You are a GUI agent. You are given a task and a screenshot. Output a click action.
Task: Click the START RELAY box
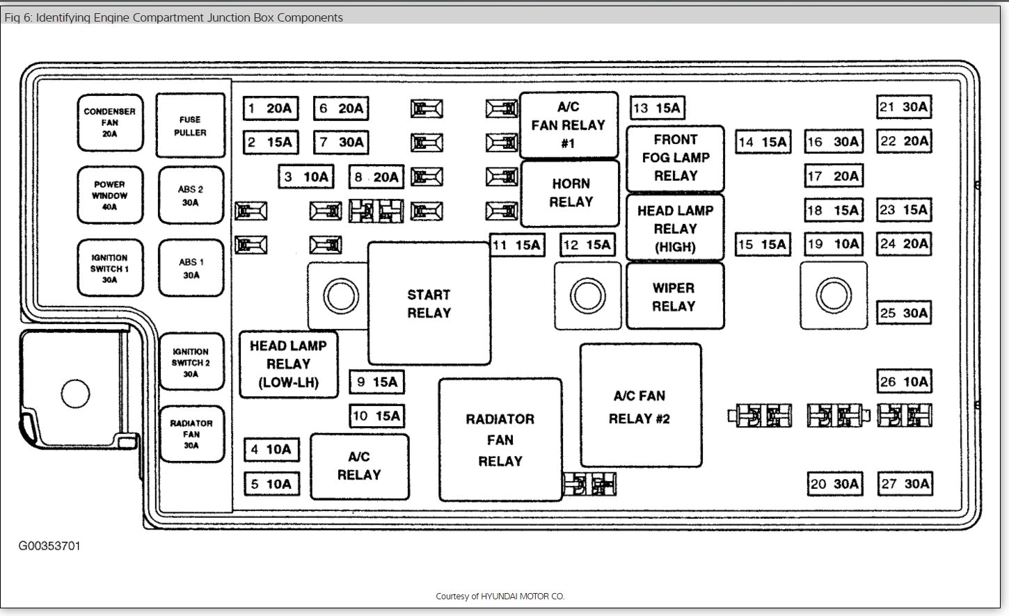pyautogui.click(x=429, y=304)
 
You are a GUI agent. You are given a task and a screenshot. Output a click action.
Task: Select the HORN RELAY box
pyautogui.click(x=570, y=193)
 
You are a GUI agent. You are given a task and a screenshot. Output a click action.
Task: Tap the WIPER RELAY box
pyautogui.click(x=674, y=296)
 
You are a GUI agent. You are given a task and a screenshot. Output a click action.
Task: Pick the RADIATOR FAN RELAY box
pyautogui.click(x=500, y=439)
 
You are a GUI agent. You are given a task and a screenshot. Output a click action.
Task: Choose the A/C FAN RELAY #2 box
pyautogui.click(x=640, y=407)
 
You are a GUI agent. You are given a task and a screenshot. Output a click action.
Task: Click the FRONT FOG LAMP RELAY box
pyautogui.click(x=675, y=159)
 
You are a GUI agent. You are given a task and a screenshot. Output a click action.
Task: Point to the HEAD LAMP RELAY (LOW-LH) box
pyautogui.click(x=288, y=364)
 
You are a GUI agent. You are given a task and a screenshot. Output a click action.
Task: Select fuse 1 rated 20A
pyautogui.click(x=271, y=108)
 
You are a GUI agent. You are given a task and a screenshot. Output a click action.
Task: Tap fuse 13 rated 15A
pyautogui.click(x=657, y=108)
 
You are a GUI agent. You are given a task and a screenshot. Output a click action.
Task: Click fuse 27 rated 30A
pyautogui.click(x=905, y=484)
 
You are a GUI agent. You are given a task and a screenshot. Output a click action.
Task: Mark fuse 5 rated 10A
pyautogui.click(x=271, y=484)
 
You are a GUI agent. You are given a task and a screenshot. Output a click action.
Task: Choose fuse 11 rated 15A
pyautogui.click(x=516, y=245)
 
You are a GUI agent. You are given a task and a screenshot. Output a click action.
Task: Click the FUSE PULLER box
pyautogui.click(x=190, y=126)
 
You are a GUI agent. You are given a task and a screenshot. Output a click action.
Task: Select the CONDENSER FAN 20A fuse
pyautogui.click(x=110, y=122)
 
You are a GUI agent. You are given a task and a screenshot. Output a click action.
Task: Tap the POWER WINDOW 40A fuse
pyautogui.click(x=110, y=195)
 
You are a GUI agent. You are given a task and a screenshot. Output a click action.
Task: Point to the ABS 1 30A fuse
pyautogui.click(x=191, y=268)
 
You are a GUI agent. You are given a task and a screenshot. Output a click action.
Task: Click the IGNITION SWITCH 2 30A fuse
pyautogui.click(x=191, y=362)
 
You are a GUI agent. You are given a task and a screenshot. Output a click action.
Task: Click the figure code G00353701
pyautogui.click(x=49, y=546)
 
